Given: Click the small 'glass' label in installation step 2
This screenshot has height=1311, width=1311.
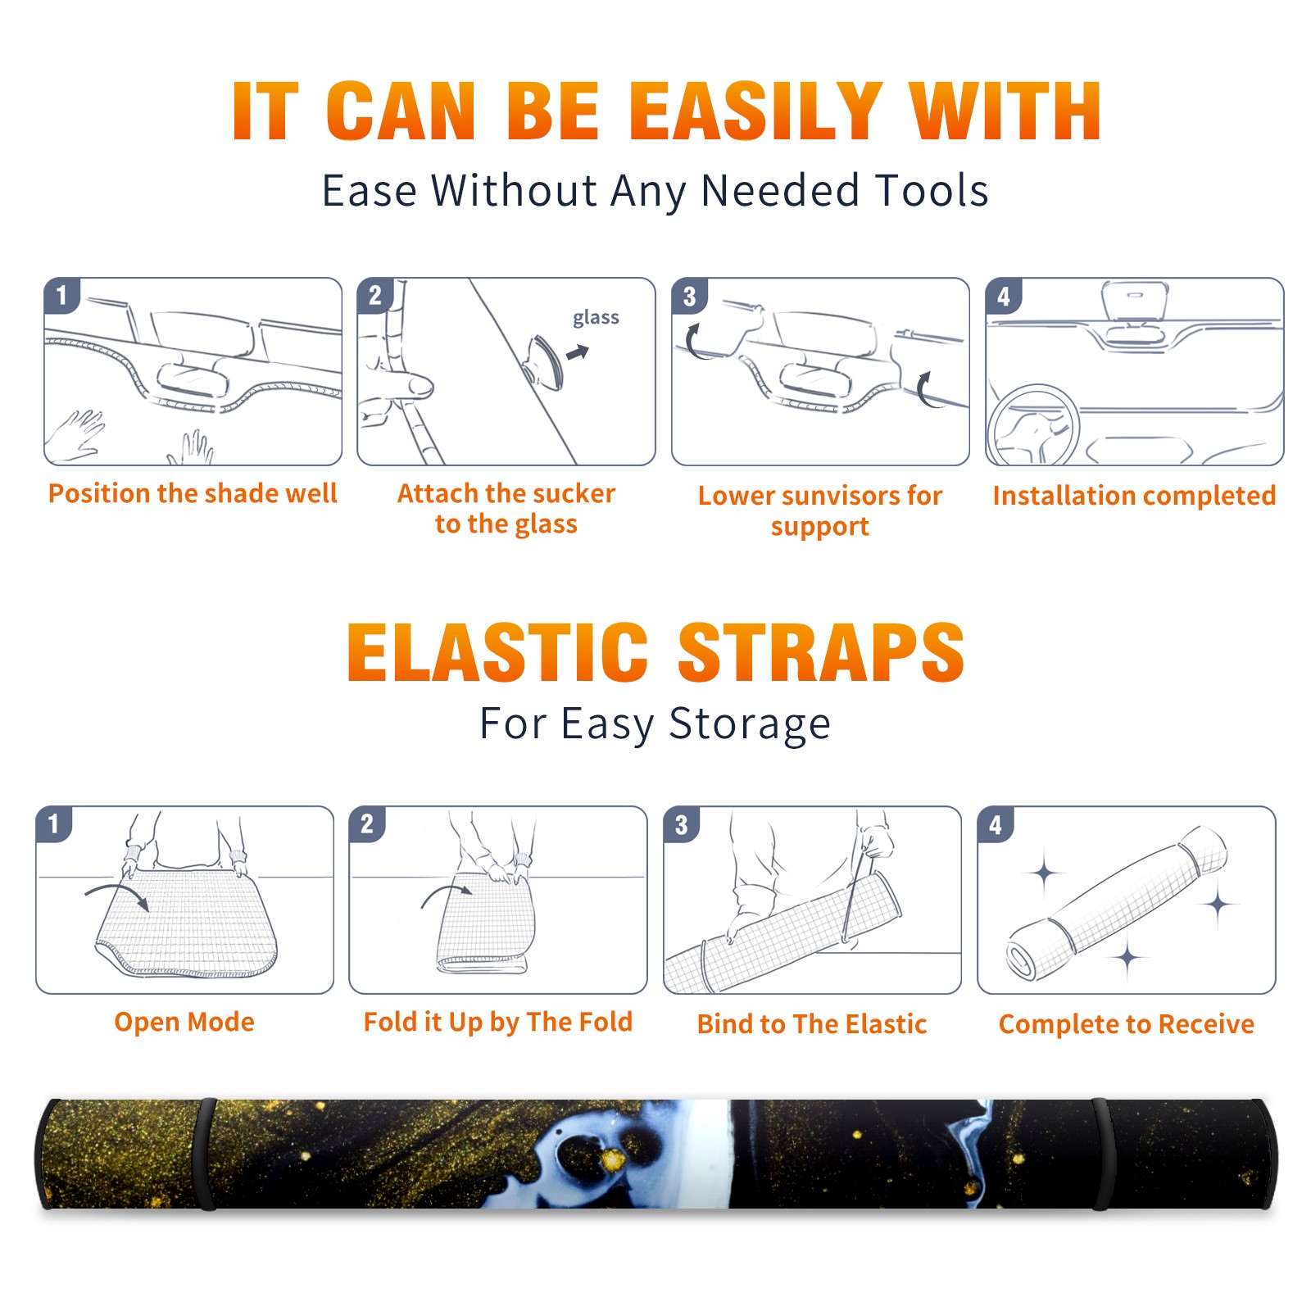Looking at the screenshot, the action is click(596, 317).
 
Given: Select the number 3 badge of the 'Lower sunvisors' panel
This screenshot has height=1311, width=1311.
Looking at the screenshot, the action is click(689, 297).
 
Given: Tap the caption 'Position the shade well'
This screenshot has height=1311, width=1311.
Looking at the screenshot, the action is click(193, 493).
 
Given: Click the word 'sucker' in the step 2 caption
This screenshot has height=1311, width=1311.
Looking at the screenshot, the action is click(573, 493).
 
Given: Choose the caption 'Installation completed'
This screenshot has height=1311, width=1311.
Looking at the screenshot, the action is click(1134, 496).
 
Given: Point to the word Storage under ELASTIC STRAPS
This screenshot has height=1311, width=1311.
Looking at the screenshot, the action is click(750, 724).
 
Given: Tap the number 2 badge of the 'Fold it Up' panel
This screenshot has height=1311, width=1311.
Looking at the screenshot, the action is click(367, 824).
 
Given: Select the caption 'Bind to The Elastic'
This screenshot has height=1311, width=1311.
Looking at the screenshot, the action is click(812, 1024).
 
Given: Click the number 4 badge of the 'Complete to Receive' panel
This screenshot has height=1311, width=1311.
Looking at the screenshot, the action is click(996, 824).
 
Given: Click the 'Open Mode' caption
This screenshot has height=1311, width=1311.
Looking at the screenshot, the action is click(184, 1023).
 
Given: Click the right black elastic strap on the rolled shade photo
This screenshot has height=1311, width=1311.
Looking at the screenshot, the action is click(1100, 1154).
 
